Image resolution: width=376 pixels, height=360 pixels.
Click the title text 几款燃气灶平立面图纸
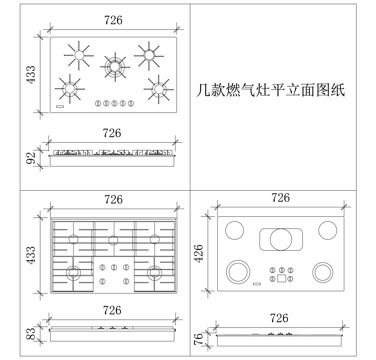click(271, 89)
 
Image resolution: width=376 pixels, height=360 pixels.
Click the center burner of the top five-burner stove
click(117, 66)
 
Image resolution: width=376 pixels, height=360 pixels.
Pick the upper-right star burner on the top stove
click(150, 52)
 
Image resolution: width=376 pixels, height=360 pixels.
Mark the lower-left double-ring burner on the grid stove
click(75, 273)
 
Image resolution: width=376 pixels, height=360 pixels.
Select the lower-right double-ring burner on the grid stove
click(154, 272)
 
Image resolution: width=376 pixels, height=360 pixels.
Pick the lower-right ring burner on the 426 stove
click(324, 271)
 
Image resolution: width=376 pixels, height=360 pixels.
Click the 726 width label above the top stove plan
click(113, 20)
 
